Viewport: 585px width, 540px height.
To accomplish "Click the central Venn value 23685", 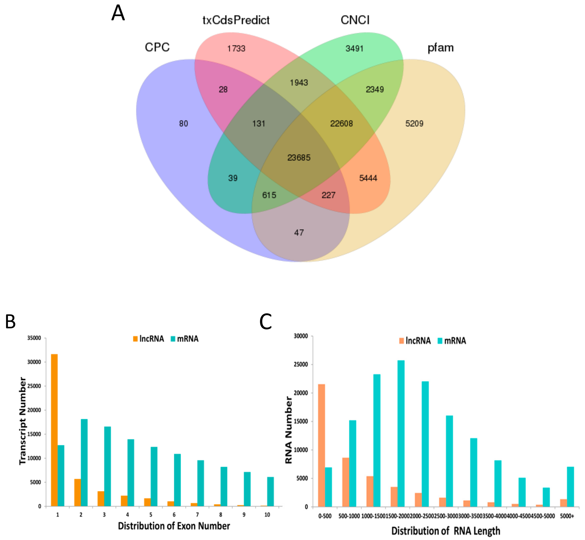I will [299, 158].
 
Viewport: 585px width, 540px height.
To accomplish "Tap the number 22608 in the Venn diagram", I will [341, 124].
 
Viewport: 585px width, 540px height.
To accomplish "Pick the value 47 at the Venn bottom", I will [299, 233].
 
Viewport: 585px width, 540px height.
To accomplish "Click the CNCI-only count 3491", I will [354, 49].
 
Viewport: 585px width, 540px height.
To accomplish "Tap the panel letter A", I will [118, 13].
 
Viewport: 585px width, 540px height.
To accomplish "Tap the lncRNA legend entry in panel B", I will [148, 339].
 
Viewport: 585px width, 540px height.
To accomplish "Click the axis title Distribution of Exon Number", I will [174, 526].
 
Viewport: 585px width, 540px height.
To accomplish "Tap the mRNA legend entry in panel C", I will [452, 341].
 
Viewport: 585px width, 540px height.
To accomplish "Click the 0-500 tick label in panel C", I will [325, 516].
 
